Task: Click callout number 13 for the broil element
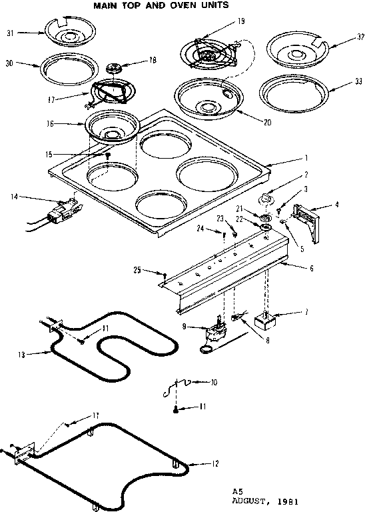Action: click(x=21, y=355)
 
